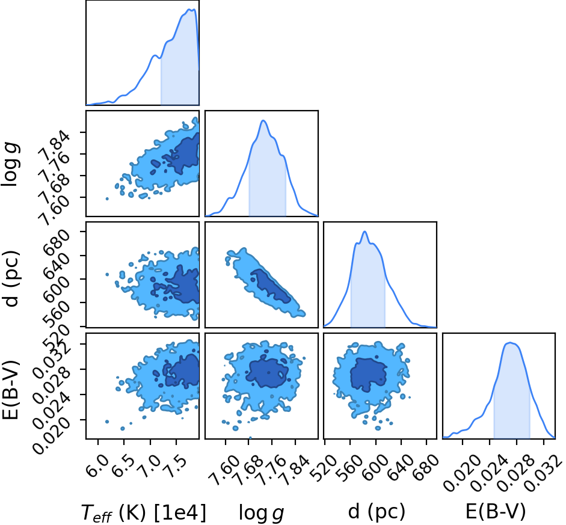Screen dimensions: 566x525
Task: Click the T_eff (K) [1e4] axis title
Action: (x=144, y=512)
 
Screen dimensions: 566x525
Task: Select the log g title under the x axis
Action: (x=261, y=513)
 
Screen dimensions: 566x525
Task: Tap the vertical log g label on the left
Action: (x=11, y=164)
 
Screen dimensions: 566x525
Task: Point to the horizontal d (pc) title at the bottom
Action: (x=377, y=512)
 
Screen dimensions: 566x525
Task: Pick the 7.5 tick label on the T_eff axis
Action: (x=176, y=466)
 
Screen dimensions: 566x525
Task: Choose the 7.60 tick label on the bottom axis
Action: (x=224, y=470)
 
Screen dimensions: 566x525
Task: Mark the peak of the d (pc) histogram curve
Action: (x=365, y=232)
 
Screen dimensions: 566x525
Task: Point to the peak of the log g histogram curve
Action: (x=263, y=120)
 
